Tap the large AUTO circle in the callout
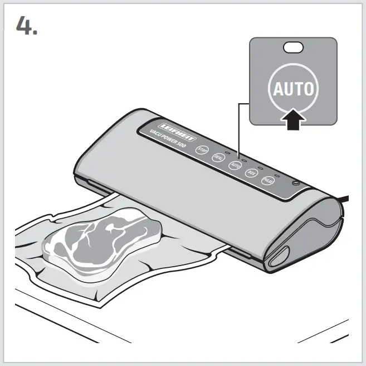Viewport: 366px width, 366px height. click(x=293, y=89)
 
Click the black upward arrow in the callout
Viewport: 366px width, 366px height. click(x=293, y=119)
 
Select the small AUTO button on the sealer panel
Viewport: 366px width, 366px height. click(x=235, y=165)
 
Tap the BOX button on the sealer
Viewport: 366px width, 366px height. click(x=252, y=173)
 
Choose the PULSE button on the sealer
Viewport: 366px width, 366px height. click(x=269, y=181)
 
